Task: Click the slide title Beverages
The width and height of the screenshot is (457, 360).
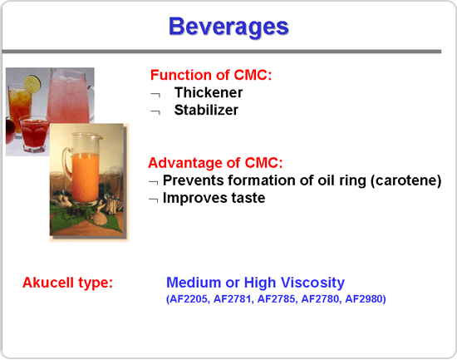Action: [228, 27]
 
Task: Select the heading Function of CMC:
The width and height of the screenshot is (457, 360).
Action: [211, 75]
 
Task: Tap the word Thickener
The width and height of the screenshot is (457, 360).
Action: [208, 92]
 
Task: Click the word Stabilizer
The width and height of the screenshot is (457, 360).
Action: [206, 110]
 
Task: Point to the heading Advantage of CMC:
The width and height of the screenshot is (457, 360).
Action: [215, 163]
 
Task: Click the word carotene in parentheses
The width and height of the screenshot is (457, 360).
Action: [405, 180]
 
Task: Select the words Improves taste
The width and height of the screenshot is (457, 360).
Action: [214, 198]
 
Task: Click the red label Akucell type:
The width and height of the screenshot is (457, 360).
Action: [67, 283]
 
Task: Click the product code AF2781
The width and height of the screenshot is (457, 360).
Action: [232, 299]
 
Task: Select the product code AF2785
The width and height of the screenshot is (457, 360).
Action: [276, 299]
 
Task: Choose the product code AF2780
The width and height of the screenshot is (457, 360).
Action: [320, 299]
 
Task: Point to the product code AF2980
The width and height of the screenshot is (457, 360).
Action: [364, 299]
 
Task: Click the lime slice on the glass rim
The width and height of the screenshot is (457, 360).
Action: [32, 84]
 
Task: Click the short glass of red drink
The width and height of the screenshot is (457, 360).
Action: [34, 134]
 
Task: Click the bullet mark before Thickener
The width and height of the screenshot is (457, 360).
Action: [155, 95]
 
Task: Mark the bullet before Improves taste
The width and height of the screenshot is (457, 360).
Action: [154, 200]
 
